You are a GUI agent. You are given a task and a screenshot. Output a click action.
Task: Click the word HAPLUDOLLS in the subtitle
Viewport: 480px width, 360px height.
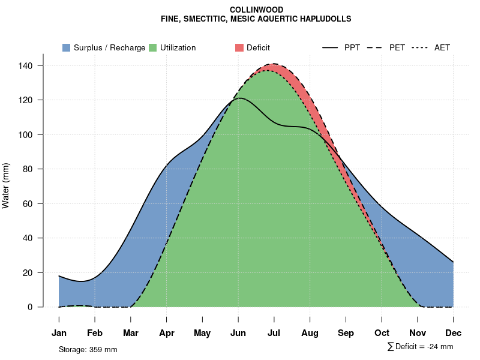point(325,19)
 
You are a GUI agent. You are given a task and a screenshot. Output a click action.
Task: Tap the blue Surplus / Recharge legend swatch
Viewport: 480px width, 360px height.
point(67,47)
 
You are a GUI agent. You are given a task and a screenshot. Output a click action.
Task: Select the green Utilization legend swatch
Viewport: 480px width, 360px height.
point(153,47)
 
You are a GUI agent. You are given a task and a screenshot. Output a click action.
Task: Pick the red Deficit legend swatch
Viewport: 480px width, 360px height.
point(239,47)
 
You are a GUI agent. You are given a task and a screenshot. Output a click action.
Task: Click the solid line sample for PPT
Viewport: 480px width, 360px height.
point(331,47)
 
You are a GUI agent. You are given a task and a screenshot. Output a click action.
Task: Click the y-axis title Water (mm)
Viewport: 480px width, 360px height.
point(6,185)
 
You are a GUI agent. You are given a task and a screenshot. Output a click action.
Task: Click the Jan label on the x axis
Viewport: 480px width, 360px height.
point(59,332)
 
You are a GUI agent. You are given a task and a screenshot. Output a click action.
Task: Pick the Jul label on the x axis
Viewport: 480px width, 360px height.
point(274,332)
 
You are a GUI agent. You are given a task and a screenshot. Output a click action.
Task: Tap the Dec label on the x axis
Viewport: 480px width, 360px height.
point(453,332)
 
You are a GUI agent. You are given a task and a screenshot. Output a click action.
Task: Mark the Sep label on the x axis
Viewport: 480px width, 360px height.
point(346,332)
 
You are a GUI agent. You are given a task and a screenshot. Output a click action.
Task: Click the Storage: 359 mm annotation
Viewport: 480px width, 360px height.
point(88,349)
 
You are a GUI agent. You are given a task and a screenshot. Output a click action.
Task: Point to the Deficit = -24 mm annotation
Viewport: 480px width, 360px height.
point(421,347)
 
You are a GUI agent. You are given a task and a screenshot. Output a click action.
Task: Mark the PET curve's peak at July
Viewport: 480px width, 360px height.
point(274,64)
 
